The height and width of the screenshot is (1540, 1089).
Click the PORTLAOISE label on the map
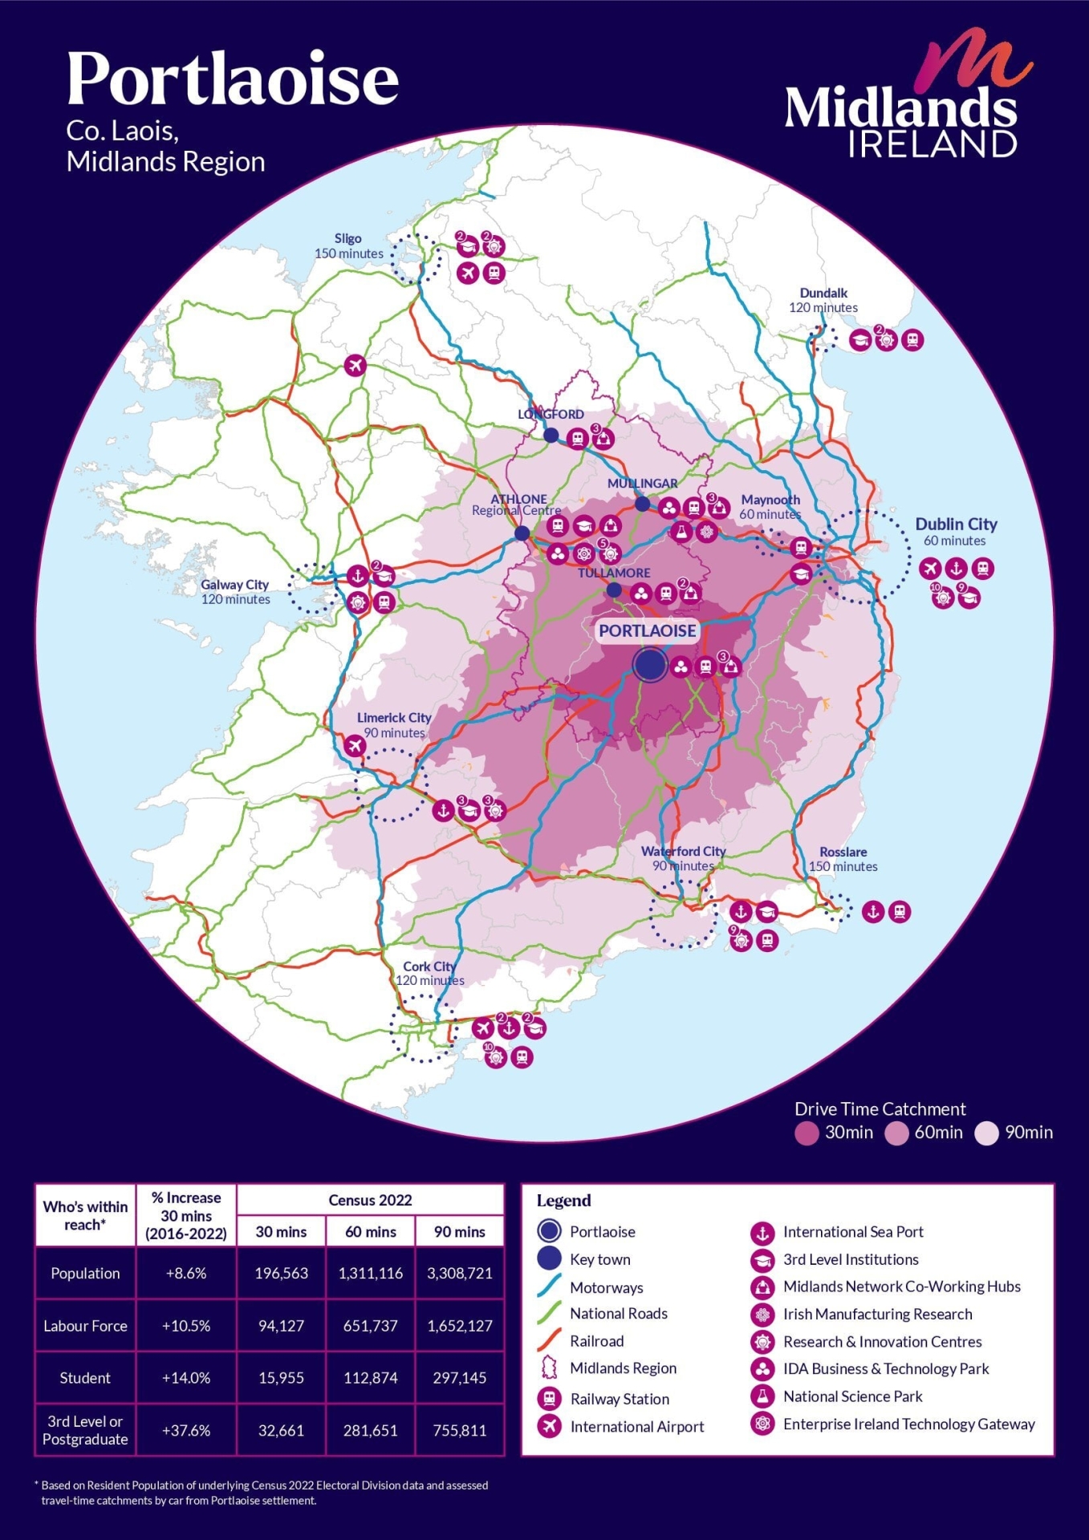648,630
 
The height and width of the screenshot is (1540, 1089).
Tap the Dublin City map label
956,525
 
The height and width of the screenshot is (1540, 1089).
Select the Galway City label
234,585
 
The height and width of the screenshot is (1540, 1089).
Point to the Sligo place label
348,238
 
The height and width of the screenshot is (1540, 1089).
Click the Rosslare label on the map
843,852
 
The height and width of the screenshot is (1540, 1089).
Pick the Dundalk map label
823,293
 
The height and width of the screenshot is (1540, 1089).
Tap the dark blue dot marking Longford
551,436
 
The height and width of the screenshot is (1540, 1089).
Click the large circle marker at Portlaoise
650,665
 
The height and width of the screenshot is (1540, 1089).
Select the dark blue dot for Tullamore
614,590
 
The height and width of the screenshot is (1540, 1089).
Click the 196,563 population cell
281,1273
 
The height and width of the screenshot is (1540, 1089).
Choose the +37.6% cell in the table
186,1430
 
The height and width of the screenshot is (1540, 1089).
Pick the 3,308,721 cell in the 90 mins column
460,1273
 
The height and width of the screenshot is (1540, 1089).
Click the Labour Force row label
85,1326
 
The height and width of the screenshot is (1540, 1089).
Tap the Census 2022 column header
370,1200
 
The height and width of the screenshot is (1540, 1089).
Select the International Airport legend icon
549,1426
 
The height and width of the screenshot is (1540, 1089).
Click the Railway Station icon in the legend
549,1399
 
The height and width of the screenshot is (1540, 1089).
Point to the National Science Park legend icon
762,1396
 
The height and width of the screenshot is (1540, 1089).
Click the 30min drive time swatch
806,1133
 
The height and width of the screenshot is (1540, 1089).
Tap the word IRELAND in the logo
933,144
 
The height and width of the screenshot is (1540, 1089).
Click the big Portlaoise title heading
233,79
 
